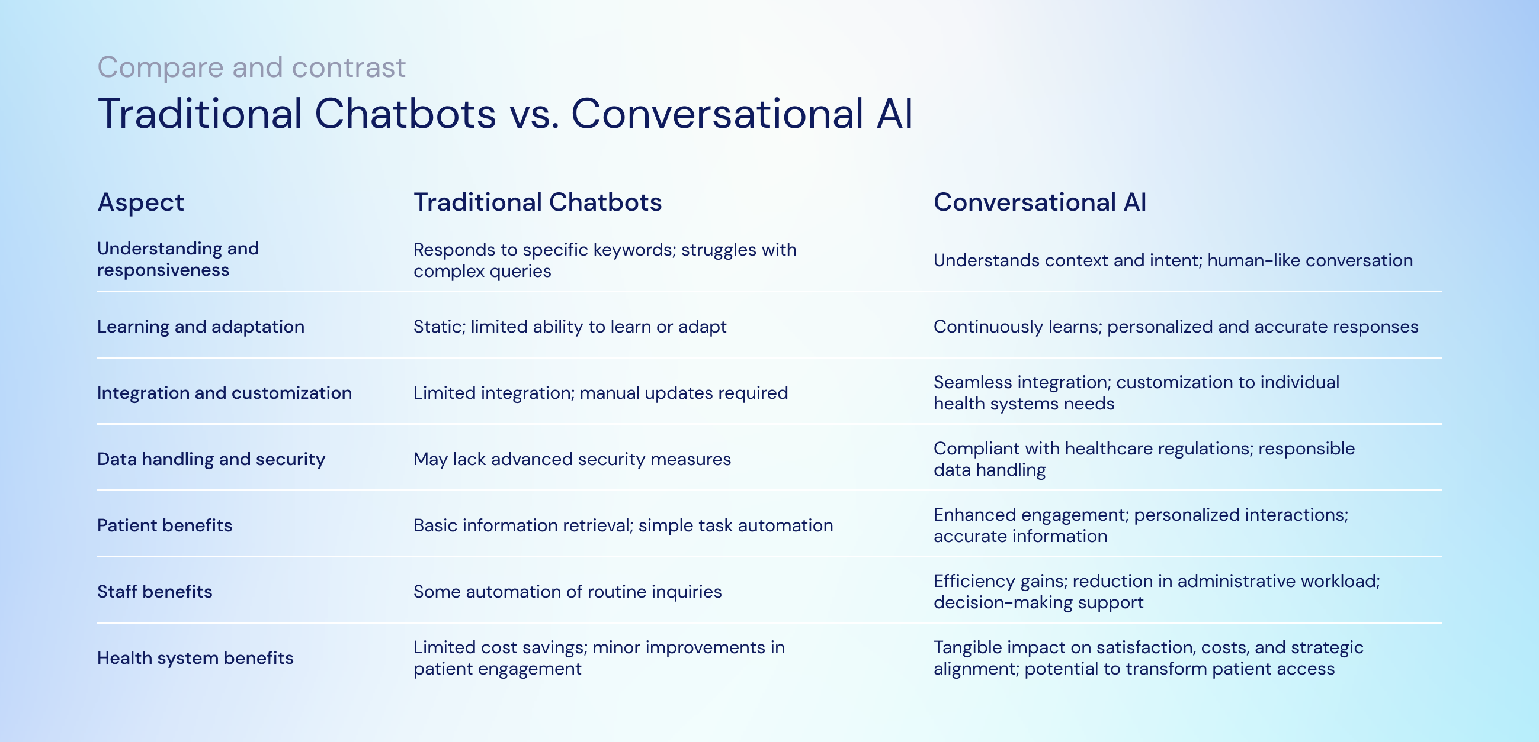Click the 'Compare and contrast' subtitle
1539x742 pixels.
click(x=251, y=67)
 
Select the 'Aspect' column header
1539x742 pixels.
click(x=140, y=202)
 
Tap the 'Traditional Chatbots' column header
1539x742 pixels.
click(x=537, y=202)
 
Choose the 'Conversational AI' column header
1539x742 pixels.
click(x=1040, y=202)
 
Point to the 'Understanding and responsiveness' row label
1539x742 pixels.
click(x=178, y=259)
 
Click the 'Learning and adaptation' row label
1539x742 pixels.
click(x=201, y=327)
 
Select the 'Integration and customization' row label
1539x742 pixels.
click(x=224, y=393)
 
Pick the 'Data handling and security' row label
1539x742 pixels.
click(x=211, y=459)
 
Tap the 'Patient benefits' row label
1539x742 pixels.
click(x=164, y=525)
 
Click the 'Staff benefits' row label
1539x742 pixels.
click(x=154, y=592)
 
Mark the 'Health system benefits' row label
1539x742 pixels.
click(x=195, y=658)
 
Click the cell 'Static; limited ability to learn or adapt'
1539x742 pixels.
click(x=569, y=327)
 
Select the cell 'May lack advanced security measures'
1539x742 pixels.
click(x=572, y=459)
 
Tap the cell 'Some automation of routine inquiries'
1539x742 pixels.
click(x=567, y=592)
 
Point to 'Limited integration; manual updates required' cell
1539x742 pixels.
click(x=601, y=393)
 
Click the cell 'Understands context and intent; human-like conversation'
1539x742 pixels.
click(x=1172, y=260)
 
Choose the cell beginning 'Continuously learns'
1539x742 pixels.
click(x=1175, y=327)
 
